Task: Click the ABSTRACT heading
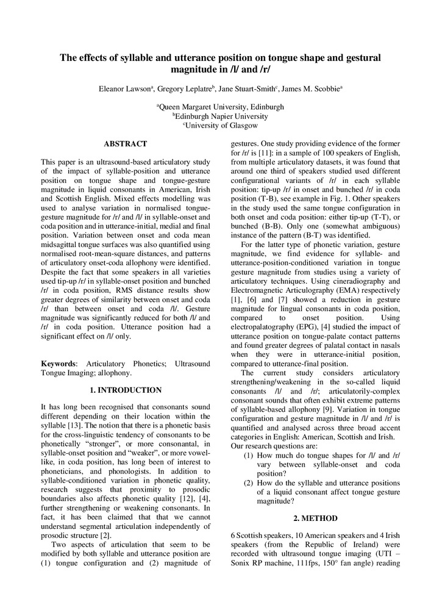125,144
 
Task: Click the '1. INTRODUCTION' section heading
125,390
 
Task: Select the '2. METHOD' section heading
315,518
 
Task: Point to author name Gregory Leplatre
183,89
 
